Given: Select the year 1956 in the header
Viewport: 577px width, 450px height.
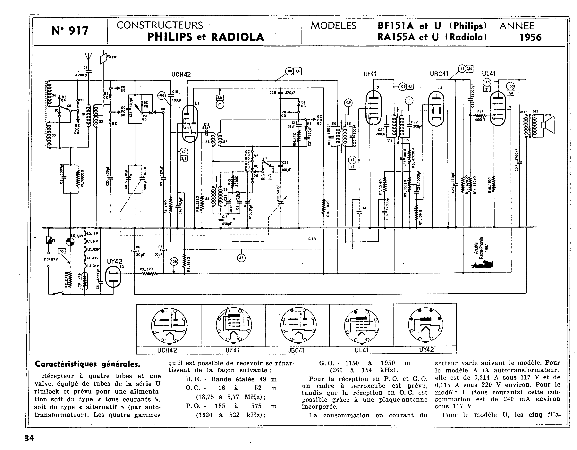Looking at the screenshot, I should pos(530,37).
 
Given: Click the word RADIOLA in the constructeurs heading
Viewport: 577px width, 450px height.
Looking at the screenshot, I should pos(238,37).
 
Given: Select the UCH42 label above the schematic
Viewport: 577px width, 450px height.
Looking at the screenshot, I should pos(181,74).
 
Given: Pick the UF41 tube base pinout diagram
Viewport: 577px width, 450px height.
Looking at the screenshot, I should pos(233,325).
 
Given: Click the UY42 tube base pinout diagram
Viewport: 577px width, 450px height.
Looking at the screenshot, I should pos(425,325).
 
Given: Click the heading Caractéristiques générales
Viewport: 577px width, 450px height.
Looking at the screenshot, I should pos(88,364).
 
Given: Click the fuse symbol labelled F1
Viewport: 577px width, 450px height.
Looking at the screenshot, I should pos(49,240).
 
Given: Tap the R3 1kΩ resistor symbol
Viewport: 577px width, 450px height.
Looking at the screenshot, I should pos(150,274).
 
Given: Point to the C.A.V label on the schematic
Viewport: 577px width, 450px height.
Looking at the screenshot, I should pos(312,239).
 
